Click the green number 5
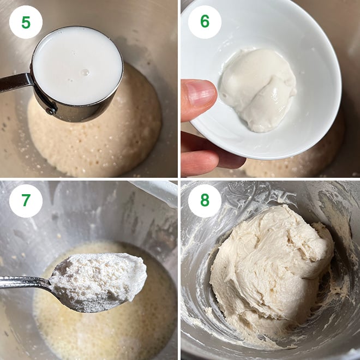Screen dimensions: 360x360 [26, 22]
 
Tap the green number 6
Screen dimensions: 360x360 [205, 22]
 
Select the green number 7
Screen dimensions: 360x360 [26, 200]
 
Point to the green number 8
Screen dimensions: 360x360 [205, 200]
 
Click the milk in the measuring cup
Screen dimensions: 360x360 [77, 66]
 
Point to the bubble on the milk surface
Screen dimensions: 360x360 [86, 73]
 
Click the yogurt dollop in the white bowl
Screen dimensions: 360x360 [258, 89]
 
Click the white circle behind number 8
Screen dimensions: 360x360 [205, 200]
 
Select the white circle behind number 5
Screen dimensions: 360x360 [26, 22]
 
